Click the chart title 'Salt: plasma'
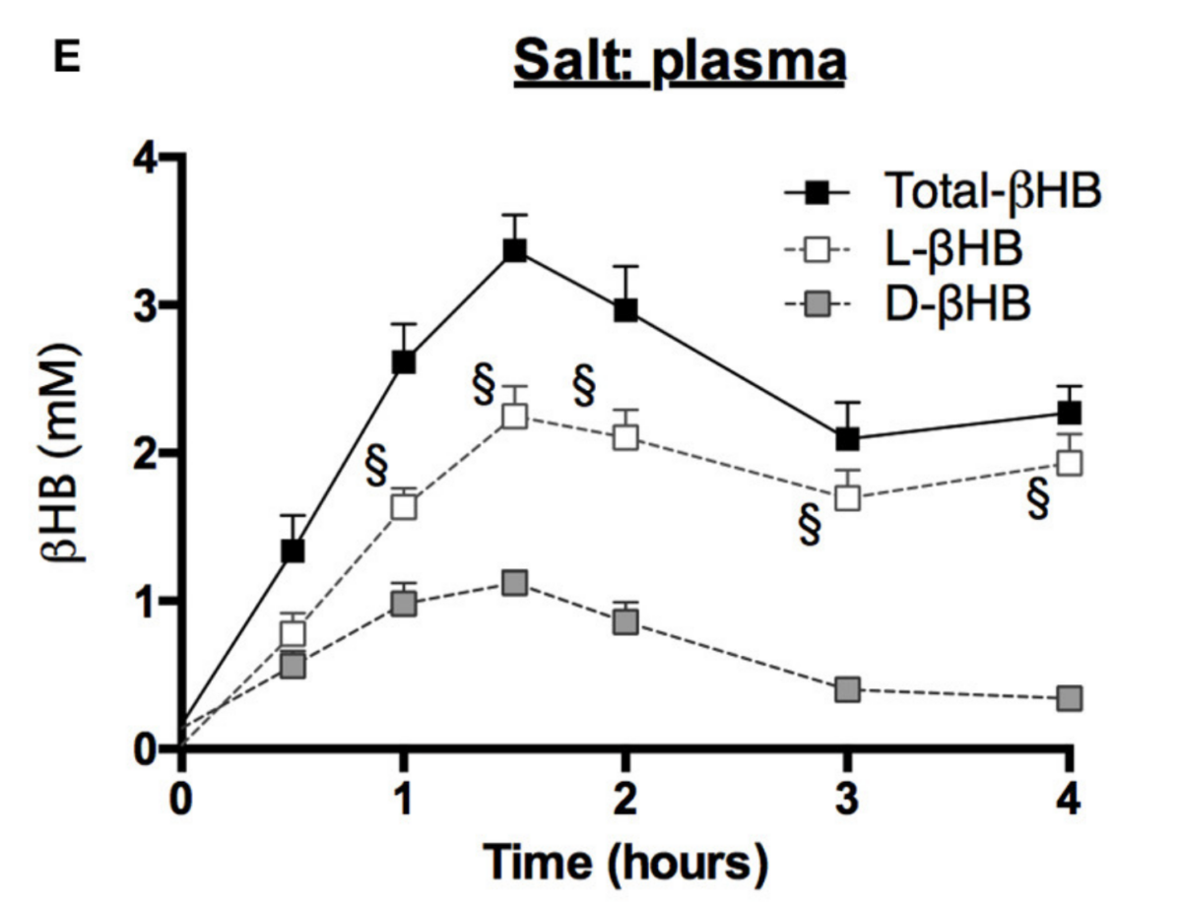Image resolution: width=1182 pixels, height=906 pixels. (679, 62)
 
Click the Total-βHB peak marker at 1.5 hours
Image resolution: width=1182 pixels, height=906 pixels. (514, 251)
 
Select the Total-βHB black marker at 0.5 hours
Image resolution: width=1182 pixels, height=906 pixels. (293, 550)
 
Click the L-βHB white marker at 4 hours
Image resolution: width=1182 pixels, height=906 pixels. (1069, 462)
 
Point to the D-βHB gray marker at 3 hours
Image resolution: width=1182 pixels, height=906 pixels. (847, 689)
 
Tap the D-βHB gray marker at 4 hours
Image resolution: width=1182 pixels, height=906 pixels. (1069, 698)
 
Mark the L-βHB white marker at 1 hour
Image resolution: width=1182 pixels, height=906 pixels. (404, 506)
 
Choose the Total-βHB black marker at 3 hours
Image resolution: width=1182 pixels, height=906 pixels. (847, 438)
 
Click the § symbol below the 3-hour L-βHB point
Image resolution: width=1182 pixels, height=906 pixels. (811, 527)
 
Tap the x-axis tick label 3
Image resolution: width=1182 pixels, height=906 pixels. (847, 795)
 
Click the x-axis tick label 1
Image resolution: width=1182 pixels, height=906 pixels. (404, 795)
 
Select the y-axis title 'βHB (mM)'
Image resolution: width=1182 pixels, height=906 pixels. (61, 453)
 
